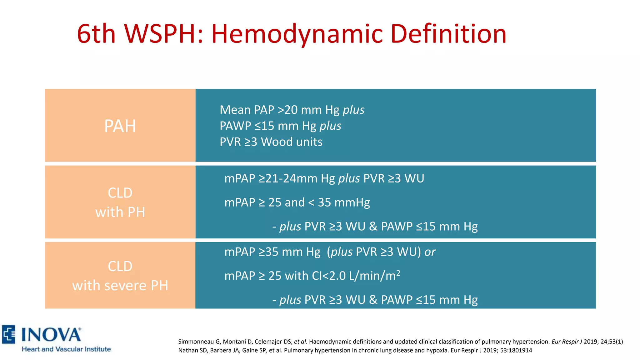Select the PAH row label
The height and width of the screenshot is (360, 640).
pyautogui.click(x=120, y=126)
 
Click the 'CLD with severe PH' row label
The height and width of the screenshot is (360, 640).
pyautogui.click(x=120, y=276)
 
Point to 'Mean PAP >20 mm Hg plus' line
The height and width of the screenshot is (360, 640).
pyautogui.click(x=292, y=110)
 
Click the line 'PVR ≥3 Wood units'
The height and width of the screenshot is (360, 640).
pyautogui.click(x=271, y=142)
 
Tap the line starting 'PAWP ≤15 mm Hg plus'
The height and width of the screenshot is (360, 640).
pyautogui.click(x=280, y=126)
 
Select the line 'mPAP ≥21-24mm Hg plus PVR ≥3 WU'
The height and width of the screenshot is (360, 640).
pyautogui.click(x=324, y=178)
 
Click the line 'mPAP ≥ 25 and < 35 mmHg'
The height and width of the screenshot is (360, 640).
pyautogui.click(x=297, y=202)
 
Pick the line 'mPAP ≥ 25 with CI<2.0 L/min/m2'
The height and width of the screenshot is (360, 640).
pyautogui.click(x=312, y=276)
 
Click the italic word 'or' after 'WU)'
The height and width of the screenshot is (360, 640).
pyautogui.click(x=430, y=252)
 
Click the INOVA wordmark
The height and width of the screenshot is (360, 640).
pyautogui.click(x=51, y=335)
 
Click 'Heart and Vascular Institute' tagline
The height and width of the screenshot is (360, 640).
pyautogui.click(x=66, y=349)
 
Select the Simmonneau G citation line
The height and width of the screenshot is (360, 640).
pyautogui.click(x=400, y=342)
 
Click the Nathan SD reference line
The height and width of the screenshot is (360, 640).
pyautogui.click(x=355, y=350)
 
